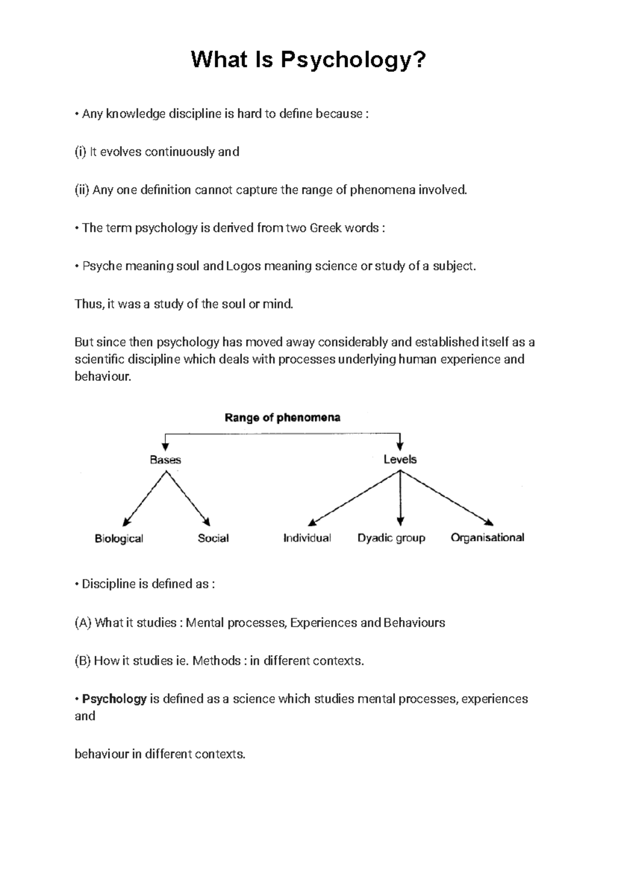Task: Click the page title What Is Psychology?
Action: [308, 60]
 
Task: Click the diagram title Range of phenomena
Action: [282, 418]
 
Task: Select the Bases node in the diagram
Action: [165, 460]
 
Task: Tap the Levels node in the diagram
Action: [400, 459]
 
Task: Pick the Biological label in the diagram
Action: [119, 539]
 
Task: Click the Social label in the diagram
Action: [213, 538]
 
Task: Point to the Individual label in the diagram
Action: [307, 538]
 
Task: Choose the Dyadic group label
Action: [391, 538]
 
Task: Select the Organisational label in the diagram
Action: [487, 538]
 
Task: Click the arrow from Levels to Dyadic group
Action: [400, 499]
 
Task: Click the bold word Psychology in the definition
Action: [114, 699]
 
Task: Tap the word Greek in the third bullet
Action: [325, 228]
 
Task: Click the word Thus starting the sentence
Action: [88, 304]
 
